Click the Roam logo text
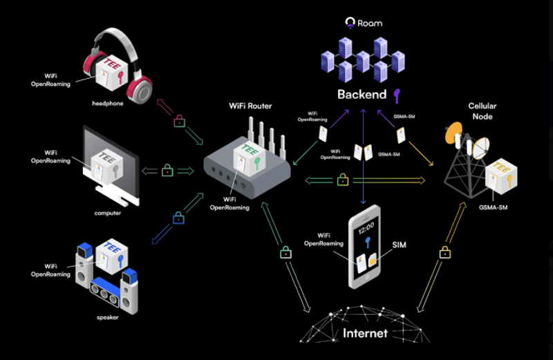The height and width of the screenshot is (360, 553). coord(370,23)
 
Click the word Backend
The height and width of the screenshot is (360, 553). coord(362,95)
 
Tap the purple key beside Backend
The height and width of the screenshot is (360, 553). coord(397,95)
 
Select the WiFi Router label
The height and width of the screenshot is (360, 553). coord(250,106)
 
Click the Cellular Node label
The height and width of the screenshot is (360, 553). coord(482,111)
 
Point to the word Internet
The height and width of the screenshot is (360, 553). coord(365,333)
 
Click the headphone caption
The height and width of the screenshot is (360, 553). coord(108,104)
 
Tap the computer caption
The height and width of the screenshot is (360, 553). coord(108,213)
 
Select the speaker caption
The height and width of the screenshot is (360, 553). coord(108,317)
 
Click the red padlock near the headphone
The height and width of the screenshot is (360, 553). coord(180,121)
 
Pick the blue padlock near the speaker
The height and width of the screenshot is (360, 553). coord(178,218)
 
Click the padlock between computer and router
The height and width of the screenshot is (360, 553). coord(167,170)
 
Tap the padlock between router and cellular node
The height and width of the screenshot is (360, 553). coord(343,180)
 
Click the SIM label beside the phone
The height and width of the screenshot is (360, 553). coord(400,245)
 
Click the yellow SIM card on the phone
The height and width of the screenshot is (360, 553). coord(373,260)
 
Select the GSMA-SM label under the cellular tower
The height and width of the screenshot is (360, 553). coord(493,207)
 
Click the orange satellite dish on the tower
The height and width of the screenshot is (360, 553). coord(453,132)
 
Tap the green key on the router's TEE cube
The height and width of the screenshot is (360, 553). coord(257,163)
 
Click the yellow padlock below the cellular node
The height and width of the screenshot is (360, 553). coord(445,252)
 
